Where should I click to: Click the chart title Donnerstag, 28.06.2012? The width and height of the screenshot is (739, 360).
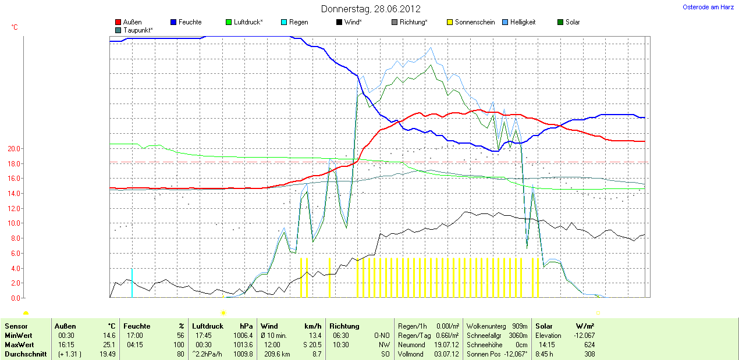[x=371, y=9]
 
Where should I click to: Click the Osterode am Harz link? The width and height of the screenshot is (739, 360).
[x=708, y=7]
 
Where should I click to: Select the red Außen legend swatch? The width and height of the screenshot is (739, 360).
[x=119, y=22]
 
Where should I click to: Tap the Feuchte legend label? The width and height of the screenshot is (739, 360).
[x=190, y=22]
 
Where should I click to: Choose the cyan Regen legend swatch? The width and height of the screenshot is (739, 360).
[x=284, y=22]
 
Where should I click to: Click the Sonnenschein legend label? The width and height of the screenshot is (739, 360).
[x=475, y=22]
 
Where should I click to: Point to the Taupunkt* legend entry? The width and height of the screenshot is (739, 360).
[x=138, y=30]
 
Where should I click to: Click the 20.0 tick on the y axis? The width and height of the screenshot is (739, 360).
[x=13, y=149]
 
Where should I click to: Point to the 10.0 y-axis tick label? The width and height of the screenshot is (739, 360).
[x=13, y=223]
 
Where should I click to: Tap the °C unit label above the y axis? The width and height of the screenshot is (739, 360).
[x=15, y=27]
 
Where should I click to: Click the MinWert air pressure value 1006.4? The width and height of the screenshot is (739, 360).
[x=243, y=336]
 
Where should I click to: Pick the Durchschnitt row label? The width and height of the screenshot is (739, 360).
[x=25, y=354]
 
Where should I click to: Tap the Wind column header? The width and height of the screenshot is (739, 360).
[x=269, y=326]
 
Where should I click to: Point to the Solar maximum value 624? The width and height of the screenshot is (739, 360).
[x=589, y=344]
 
